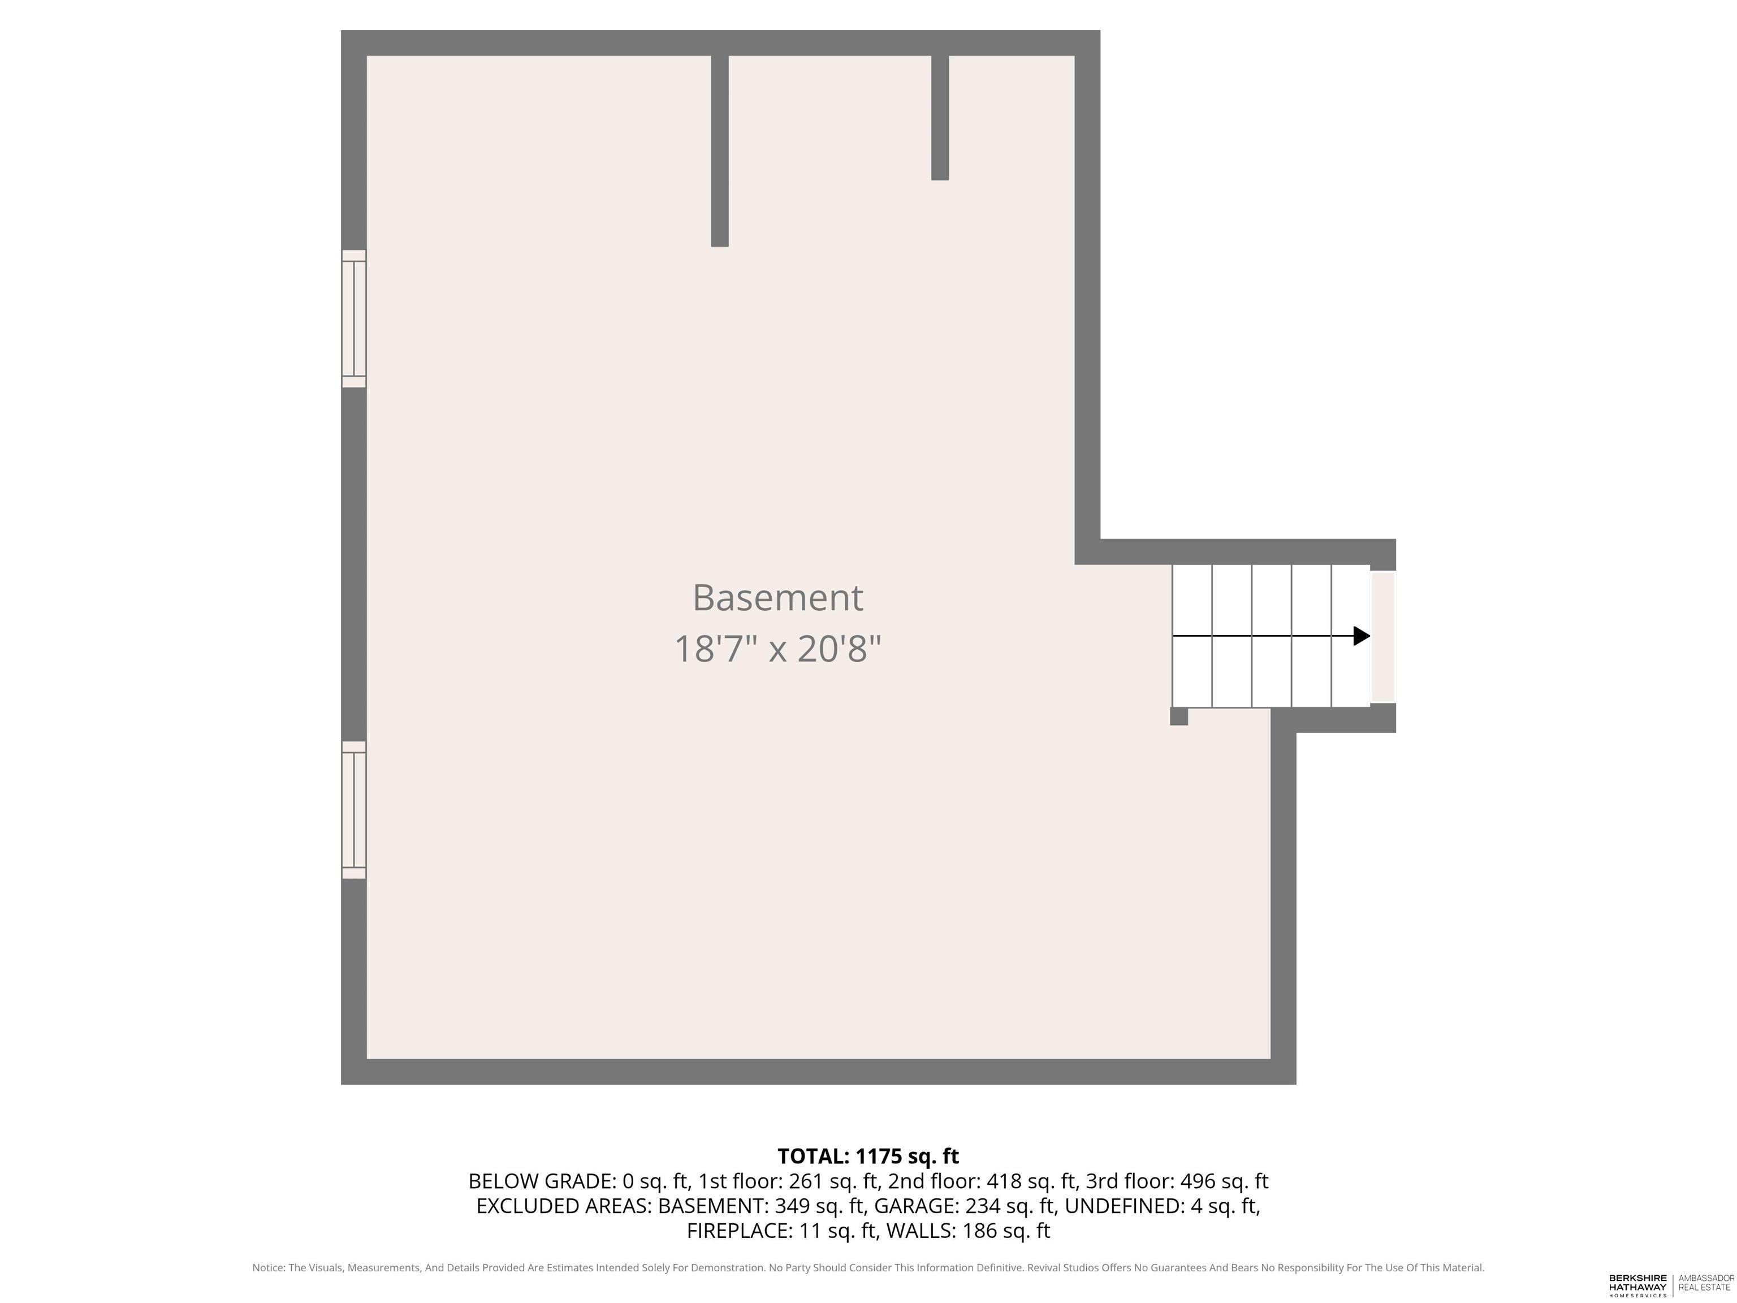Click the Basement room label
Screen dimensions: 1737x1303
click(777, 598)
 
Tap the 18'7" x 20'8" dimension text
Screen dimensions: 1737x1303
click(777, 650)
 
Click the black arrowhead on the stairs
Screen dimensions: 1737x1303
click(1362, 636)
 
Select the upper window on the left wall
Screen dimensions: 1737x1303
click(354, 319)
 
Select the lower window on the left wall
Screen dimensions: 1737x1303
click(354, 810)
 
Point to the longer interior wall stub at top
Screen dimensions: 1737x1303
click(719, 151)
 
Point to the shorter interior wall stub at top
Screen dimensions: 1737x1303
click(940, 118)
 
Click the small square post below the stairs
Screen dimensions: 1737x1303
click(1179, 717)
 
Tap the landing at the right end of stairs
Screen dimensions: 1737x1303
click(1383, 636)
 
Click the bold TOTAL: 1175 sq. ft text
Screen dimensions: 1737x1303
click(868, 1156)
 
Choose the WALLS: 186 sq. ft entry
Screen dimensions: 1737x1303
click(967, 1231)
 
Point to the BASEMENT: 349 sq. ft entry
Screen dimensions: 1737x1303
click(762, 1206)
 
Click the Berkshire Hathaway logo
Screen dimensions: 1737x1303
click(1637, 1285)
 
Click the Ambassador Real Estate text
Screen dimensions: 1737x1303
click(1705, 1283)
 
